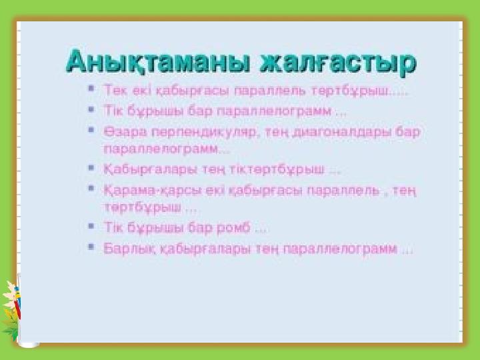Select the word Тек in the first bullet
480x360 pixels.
coord(114,88)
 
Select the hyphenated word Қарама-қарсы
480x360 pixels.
coord(144,190)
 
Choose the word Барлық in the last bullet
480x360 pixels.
coord(128,249)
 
